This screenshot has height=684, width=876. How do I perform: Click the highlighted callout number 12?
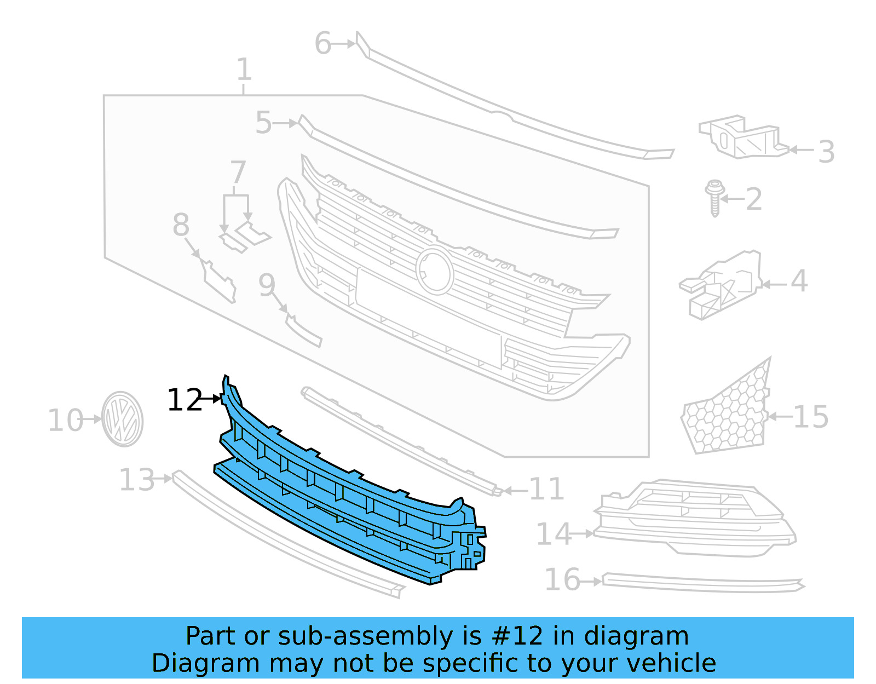pos(185,400)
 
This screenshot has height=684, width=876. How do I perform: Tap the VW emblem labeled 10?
pos(123,419)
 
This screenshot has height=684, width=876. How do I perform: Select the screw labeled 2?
pos(714,198)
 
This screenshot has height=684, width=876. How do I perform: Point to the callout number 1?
pos(244,70)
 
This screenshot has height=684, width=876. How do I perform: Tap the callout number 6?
pos(322,43)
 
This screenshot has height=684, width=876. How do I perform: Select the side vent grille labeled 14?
pos(695,518)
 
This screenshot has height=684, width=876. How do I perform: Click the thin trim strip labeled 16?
pos(701,584)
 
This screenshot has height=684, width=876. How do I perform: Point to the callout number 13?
pos(137,480)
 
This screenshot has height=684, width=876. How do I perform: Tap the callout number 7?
pos(238,172)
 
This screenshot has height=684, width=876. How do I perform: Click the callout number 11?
pos(546,489)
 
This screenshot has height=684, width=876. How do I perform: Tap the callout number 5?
pos(263,123)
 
